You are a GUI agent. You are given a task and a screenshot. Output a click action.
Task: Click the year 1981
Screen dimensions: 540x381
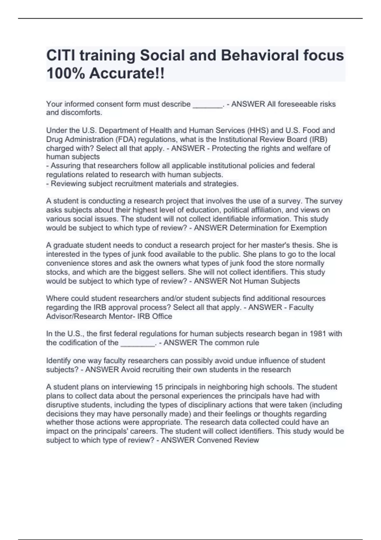click(318, 334)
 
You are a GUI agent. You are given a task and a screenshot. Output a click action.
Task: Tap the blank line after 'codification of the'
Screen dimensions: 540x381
click(137, 343)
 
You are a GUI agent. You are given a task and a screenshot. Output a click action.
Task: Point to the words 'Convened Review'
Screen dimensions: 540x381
click(228, 440)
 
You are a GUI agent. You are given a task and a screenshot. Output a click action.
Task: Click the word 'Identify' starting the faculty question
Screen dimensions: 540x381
click(58, 361)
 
